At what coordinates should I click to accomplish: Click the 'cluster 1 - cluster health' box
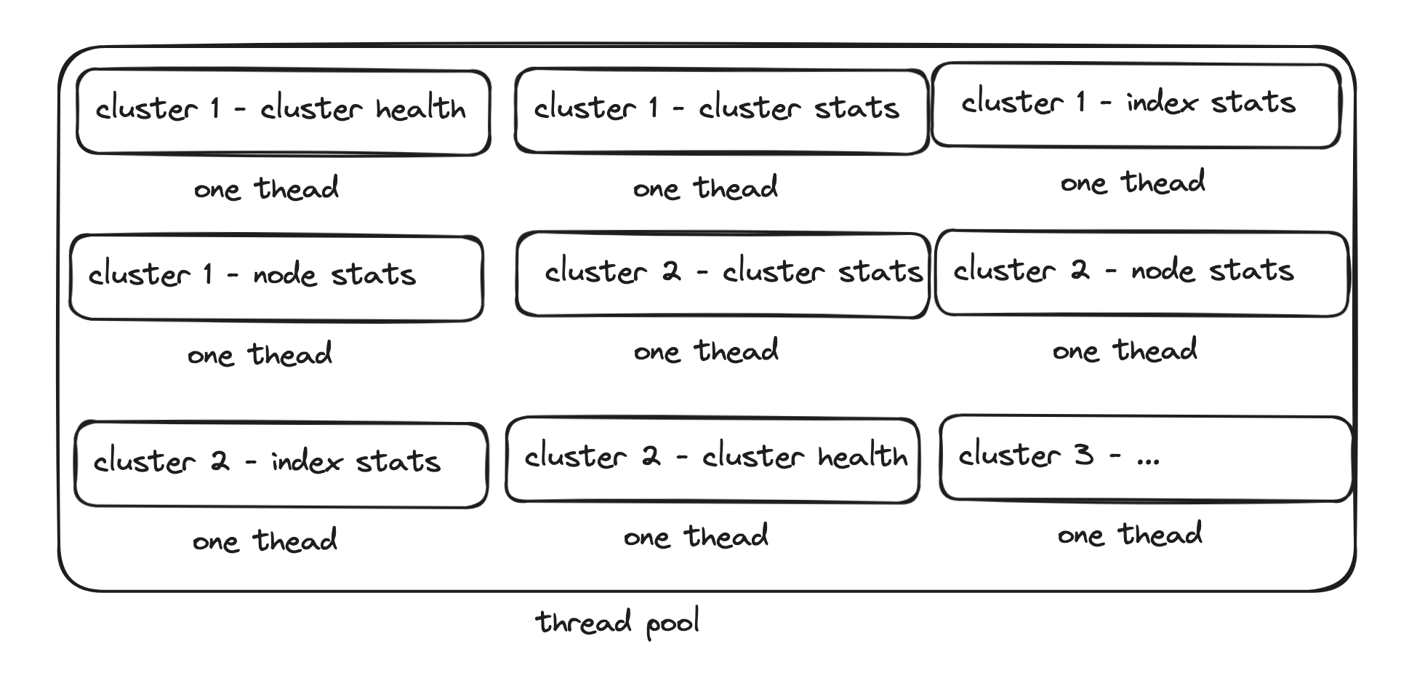(x=284, y=112)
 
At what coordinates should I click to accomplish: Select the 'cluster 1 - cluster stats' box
(x=721, y=111)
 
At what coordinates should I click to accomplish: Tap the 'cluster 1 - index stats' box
(x=1136, y=106)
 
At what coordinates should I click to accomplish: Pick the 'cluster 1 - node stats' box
(x=276, y=277)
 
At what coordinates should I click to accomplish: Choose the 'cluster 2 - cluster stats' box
(x=723, y=274)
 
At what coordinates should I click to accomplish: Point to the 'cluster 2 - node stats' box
(x=1142, y=273)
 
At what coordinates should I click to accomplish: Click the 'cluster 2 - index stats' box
(x=281, y=464)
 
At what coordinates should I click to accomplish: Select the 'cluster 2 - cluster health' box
(x=712, y=460)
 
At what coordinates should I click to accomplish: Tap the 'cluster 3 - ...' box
(x=1146, y=458)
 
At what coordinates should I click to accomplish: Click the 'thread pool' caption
(x=618, y=624)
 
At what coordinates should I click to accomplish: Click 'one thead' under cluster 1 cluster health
(x=266, y=188)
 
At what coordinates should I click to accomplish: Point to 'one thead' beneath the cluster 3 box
(x=1130, y=535)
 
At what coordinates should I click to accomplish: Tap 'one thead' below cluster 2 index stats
(x=265, y=541)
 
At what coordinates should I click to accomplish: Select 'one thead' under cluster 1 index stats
(x=1133, y=183)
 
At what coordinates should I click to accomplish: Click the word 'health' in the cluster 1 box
(x=421, y=108)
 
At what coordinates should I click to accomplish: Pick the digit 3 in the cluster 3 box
(x=1083, y=455)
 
